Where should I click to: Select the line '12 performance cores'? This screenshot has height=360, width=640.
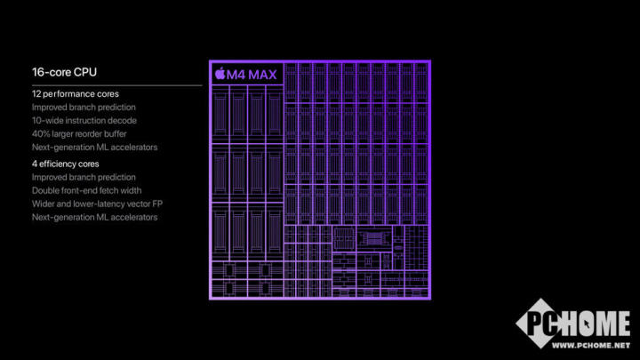point(76,94)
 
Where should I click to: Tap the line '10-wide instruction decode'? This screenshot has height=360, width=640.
point(84,120)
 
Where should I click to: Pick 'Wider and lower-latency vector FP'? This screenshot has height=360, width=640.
point(98,204)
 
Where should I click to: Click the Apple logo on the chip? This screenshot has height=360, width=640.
point(220,73)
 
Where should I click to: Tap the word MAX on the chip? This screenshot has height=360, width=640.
point(264,73)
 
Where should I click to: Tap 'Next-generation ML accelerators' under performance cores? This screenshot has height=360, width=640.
point(94,147)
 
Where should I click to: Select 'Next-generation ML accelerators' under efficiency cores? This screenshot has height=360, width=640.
point(94,217)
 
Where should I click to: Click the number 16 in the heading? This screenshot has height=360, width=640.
point(37,72)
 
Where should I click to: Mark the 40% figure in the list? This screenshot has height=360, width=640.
point(42,133)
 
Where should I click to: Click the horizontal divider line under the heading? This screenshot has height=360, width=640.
point(116,84)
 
